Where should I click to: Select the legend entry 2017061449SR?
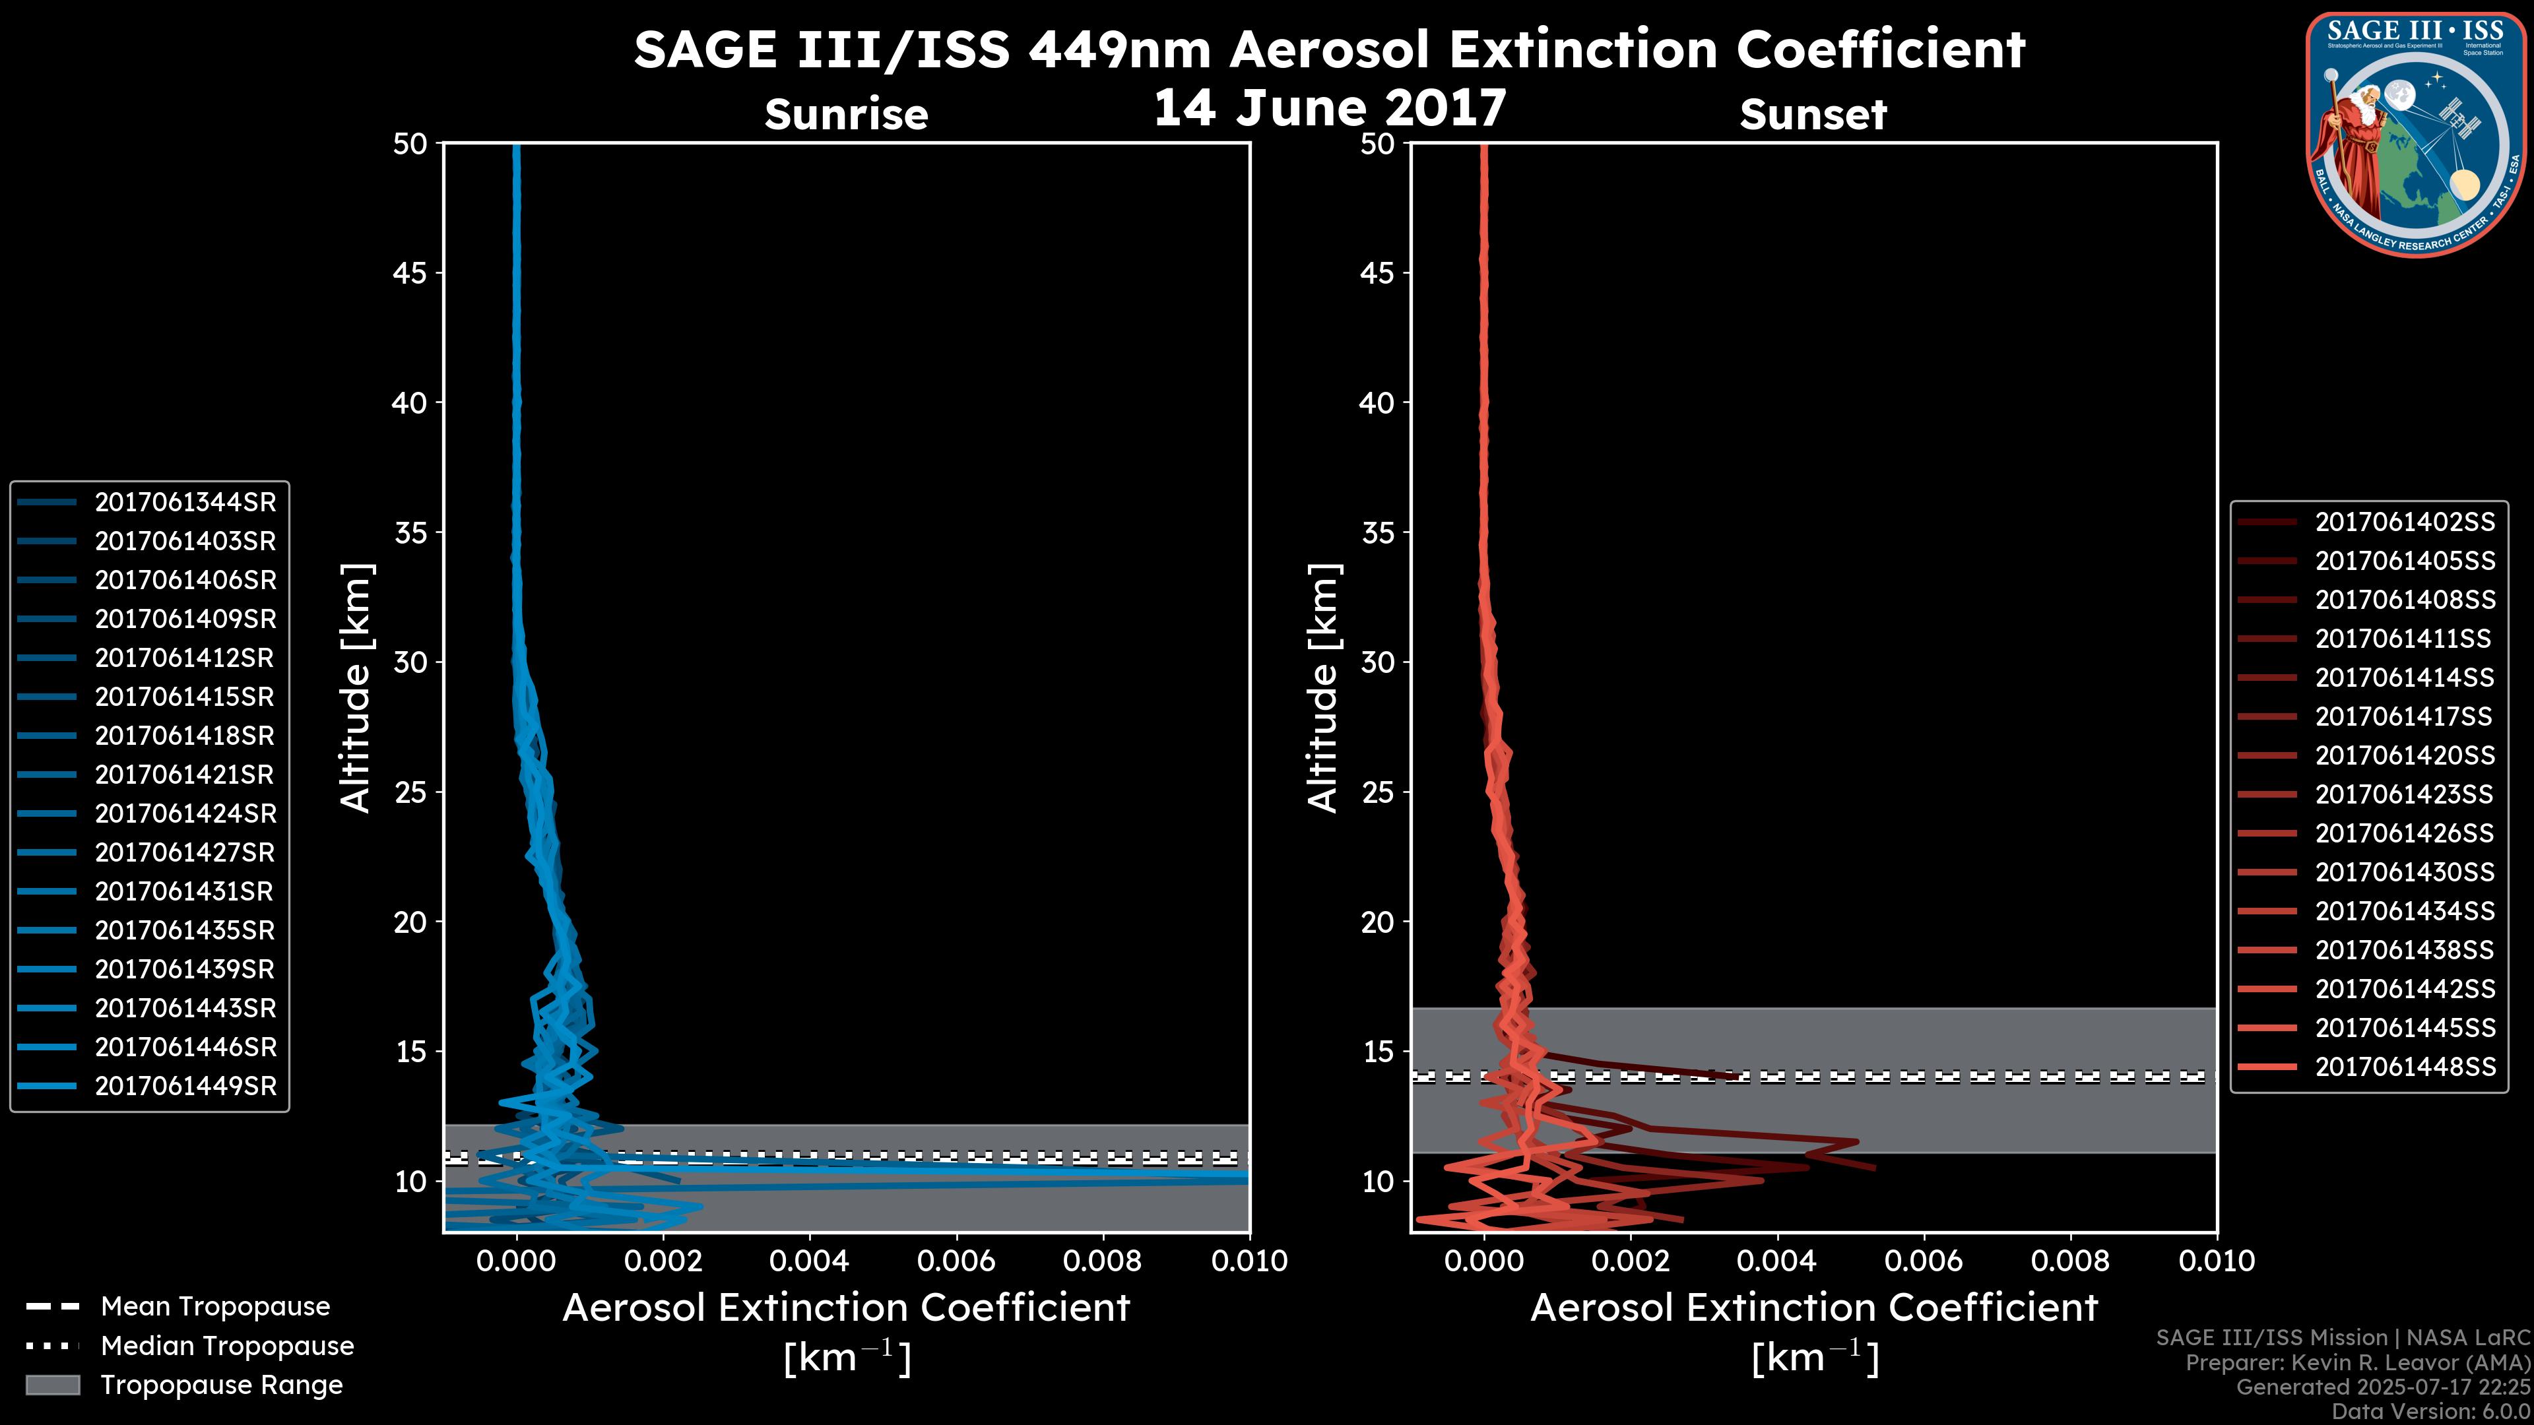(185, 1087)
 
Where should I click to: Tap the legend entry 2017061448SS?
(2404, 1067)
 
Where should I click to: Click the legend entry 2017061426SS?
(2404, 834)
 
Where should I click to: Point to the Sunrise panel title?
(846, 115)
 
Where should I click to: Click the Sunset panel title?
(1813, 115)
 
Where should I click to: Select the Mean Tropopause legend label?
(215, 1307)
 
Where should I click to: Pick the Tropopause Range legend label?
(221, 1385)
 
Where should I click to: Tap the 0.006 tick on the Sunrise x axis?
(956, 1261)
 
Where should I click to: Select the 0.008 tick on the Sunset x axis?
(2071, 1261)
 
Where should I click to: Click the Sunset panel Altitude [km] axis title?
(1323, 688)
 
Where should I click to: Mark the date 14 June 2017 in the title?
(1329, 108)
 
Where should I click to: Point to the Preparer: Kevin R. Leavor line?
(2357, 1363)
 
